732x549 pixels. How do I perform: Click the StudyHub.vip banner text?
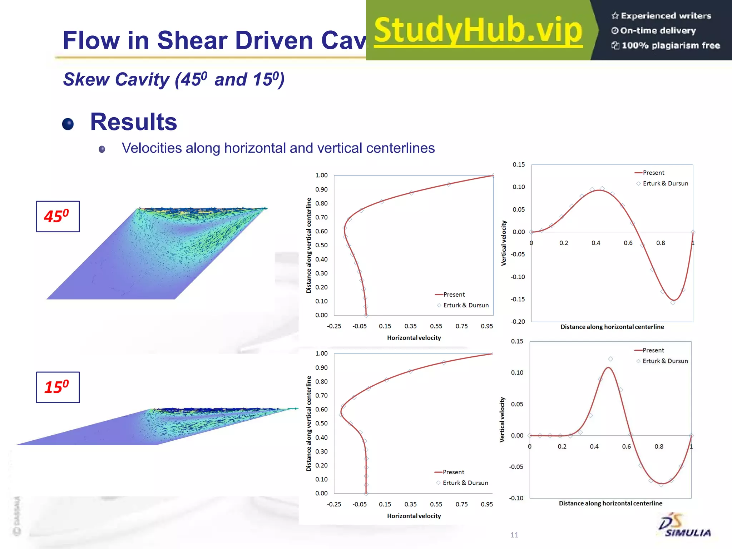[x=478, y=31]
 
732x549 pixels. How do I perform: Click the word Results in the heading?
[x=133, y=122]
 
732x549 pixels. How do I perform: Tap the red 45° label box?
[x=58, y=217]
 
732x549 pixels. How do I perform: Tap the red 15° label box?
[x=58, y=387]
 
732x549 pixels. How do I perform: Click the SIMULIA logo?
[x=684, y=526]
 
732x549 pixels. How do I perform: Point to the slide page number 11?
[x=514, y=535]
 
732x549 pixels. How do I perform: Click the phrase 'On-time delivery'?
[x=658, y=31]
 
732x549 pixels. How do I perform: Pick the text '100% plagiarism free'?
[x=670, y=45]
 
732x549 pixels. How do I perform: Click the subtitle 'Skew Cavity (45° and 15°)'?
[x=174, y=79]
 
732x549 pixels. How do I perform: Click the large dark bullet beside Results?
[x=68, y=124]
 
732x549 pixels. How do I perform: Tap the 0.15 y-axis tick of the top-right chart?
[x=519, y=164]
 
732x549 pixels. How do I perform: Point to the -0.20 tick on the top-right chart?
[x=518, y=322]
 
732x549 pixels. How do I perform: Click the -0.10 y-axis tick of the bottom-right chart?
[x=516, y=498]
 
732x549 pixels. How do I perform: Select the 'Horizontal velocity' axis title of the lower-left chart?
[x=414, y=516]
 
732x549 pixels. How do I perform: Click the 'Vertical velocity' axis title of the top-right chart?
[x=504, y=243]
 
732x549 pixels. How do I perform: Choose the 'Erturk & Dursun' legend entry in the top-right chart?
[x=665, y=183]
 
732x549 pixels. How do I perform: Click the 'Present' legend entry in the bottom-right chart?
[x=653, y=350]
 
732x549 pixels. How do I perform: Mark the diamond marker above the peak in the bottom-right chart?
[x=610, y=359]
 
